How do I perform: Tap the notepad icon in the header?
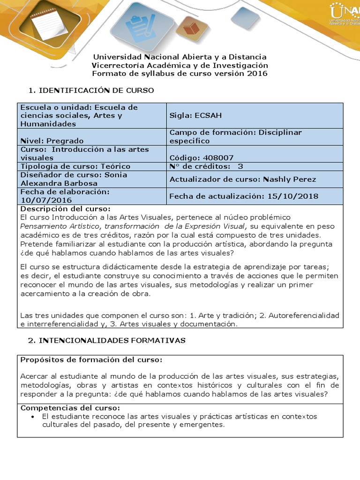coord(44,22)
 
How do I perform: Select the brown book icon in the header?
coord(191,29)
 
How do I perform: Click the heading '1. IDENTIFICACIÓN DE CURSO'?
coord(91,90)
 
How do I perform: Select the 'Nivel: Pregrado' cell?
coord(52,141)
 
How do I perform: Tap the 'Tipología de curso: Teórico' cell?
coord(75,166)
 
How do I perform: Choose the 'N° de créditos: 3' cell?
coord(206,166)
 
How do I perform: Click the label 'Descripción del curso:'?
coord(65,209)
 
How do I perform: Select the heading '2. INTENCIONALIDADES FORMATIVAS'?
coord(107,340)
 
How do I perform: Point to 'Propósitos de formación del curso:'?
coord(91,360)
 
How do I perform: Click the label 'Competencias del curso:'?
coord(70,408)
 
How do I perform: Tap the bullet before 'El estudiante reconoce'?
coord(32,417)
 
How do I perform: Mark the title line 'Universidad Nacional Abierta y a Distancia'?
coord(180,57)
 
